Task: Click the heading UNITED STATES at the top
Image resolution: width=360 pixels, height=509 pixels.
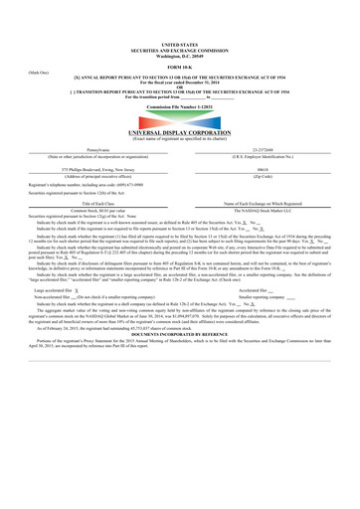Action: (x=180, y=46)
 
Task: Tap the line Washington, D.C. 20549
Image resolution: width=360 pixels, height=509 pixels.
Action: (x=180, y=57)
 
